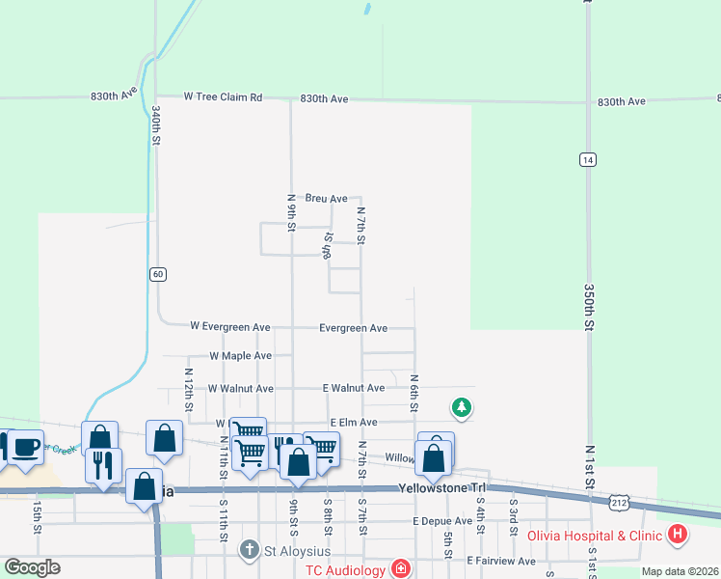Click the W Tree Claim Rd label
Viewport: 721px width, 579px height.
click(x=224, y=97)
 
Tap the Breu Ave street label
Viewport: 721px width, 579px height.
click(x=326, y=199)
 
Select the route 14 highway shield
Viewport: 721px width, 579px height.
click(x=586, y=159)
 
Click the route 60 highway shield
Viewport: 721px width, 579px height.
click(x=157, y=274)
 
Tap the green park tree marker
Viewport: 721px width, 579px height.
click(x=462, y=408)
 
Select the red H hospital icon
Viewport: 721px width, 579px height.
click(x=679, y=534)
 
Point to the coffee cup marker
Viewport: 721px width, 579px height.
click(x=25, y=448)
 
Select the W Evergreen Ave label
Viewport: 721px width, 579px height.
click(x=230, y=327)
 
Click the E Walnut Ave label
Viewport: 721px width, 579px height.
click(x=354, y=388)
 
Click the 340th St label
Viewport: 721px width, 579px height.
click(x=155, y=126)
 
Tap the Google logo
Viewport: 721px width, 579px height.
click(x=33, y=566)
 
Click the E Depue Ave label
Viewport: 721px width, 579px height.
click(x=441, y=521)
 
